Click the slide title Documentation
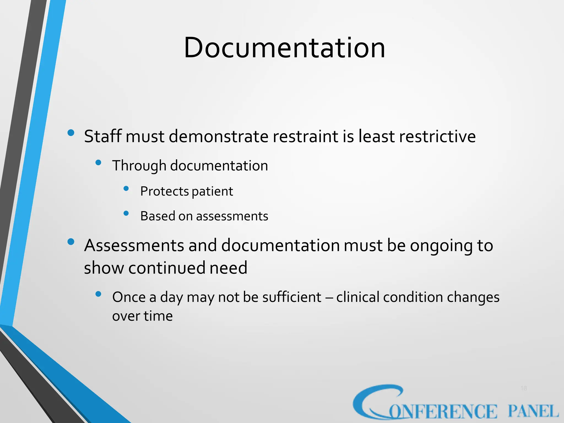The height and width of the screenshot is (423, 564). tap(284, 48)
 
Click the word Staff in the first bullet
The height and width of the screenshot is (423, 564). tap(103, 136)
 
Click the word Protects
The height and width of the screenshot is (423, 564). tap(164, 191)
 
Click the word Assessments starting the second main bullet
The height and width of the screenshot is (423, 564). tap(134, 245)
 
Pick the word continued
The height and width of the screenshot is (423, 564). tap(167, 268)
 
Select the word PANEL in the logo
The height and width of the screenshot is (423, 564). tap(533, 411)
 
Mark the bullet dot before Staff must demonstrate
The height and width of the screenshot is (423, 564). tap(71, 133)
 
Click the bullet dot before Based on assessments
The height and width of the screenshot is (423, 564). tap(126, 213)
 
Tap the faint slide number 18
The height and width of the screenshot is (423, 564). tap(524, 388)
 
